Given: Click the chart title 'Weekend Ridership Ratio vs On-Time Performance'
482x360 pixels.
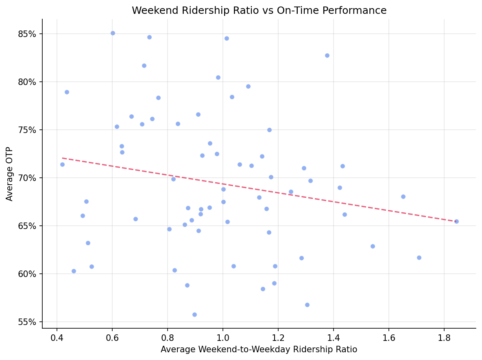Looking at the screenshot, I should tap(259, 11).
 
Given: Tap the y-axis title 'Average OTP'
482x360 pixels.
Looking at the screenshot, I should tap(10, 174).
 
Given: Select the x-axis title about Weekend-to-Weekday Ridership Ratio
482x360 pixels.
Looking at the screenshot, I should tap(259, 349).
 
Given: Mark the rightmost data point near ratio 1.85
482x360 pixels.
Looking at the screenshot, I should tap(456, 221).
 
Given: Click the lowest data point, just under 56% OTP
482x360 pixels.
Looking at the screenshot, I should tap(194, 314).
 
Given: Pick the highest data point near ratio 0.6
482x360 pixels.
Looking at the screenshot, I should tap(113, 33).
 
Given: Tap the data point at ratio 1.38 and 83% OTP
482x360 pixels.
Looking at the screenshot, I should tap(327, 55).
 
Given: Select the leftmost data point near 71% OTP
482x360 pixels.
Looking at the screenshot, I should tap(62, 164).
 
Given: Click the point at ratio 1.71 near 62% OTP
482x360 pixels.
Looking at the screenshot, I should tap(419, 257).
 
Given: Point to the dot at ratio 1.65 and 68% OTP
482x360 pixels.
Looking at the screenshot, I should tap(403, 196).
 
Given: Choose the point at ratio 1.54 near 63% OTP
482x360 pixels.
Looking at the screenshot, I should tap(373, 246).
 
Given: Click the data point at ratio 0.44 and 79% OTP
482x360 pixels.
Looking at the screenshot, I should tap(67, 92).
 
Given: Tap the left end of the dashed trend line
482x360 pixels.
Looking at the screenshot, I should tap(62, 158).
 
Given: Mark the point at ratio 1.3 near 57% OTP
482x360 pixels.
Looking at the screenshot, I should tap(307, 305).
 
